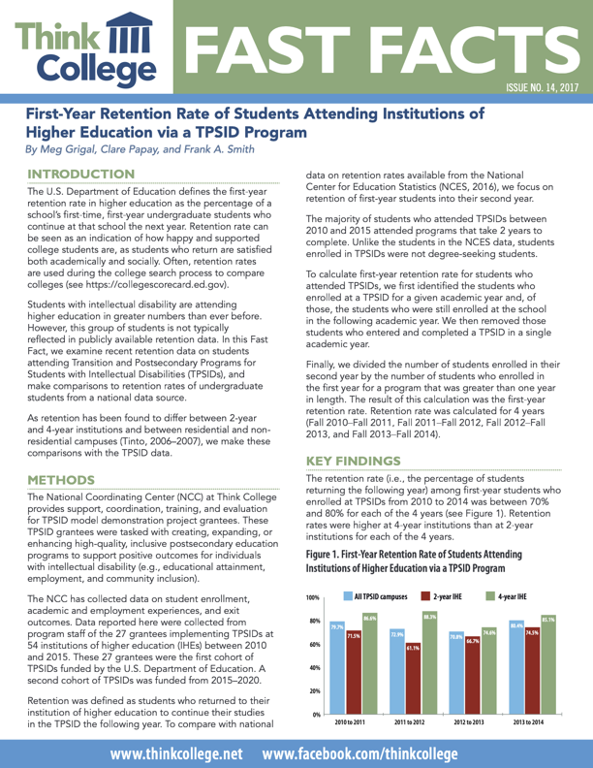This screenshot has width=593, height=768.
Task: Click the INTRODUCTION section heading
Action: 80,173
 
